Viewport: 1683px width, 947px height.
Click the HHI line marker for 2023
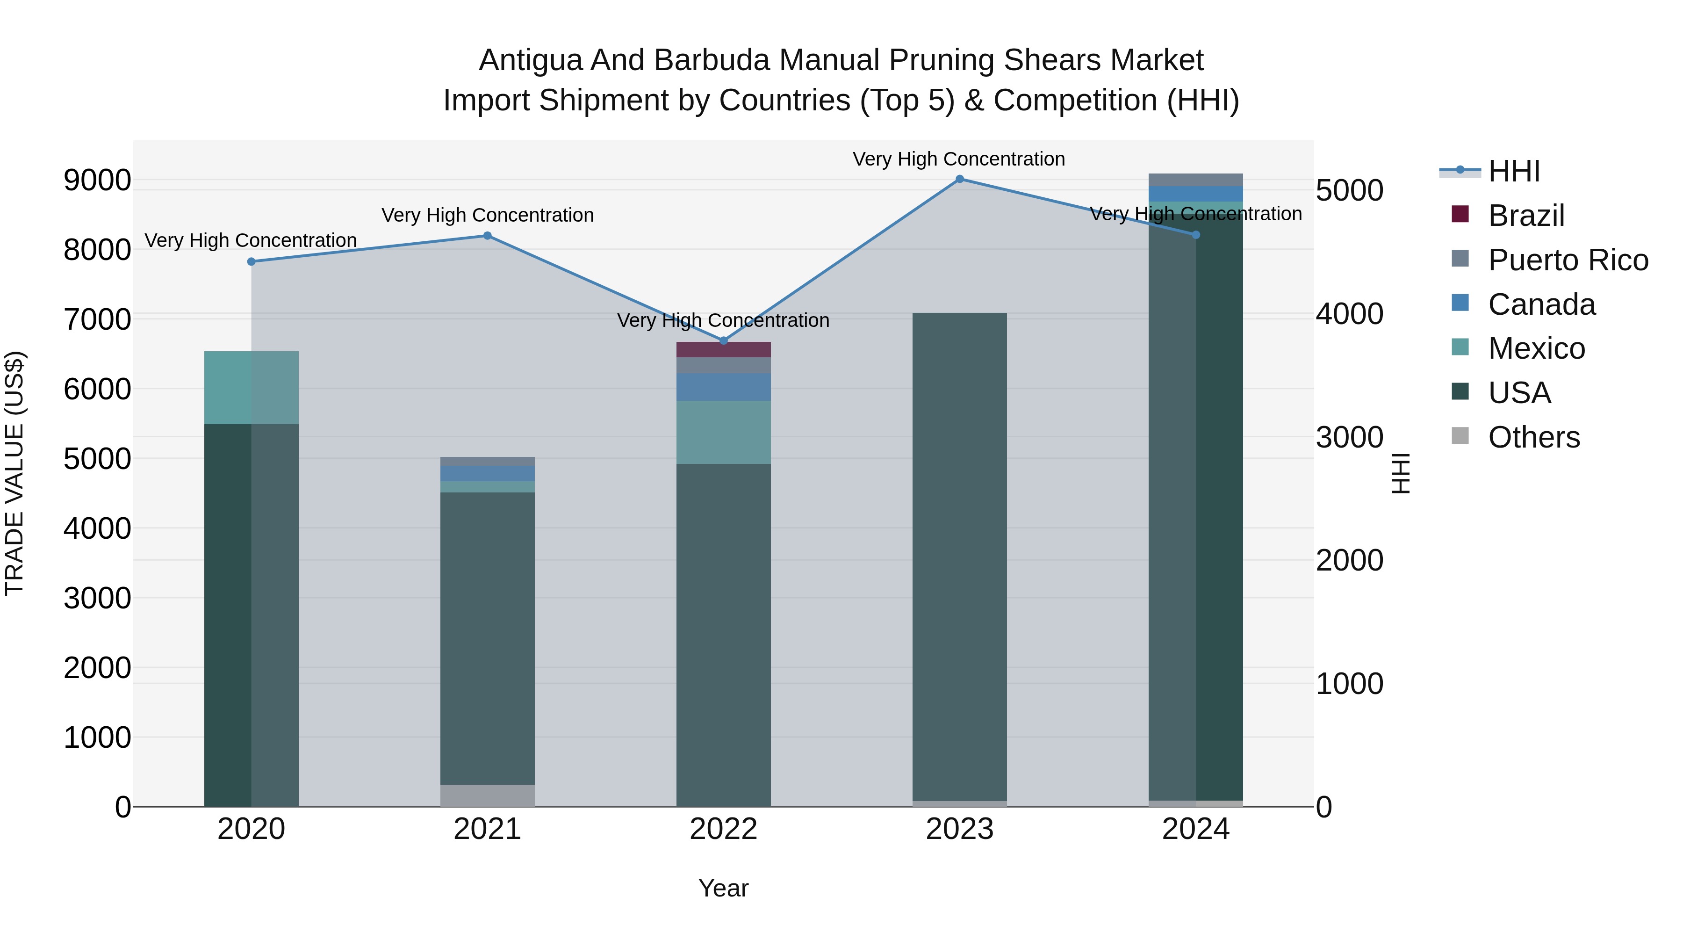(x=959, y=179)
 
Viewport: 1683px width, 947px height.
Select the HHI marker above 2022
(x=723, y=340)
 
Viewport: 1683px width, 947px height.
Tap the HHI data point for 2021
(x=488, y=236)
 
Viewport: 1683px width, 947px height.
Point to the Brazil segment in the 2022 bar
(x=723, y=350)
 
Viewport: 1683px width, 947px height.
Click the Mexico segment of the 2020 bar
(x=252, y=388)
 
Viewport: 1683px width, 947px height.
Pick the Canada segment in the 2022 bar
(x=723, y=387)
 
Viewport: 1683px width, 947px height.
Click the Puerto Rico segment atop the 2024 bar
(x=1195, y=180)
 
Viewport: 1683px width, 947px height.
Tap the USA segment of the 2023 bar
(x=959, y=556)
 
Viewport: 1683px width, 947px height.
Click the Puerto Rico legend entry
(x=1568, y=260)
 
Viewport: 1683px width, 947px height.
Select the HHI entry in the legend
(x=1514, y=171)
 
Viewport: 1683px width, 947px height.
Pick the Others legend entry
(x=1533, y=437)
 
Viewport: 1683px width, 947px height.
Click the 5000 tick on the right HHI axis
(x=1349, y=190)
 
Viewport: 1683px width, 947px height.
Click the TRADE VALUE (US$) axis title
(x=14, y=473)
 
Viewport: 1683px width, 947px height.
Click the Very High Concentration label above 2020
(x=251, y=240)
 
